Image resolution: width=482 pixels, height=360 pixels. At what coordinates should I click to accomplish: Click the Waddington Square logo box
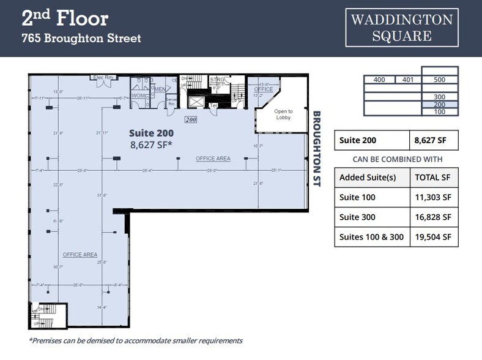402,28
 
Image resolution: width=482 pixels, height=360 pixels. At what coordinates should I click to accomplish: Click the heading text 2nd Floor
65,18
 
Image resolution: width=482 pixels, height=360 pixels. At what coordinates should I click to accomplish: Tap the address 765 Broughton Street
81,39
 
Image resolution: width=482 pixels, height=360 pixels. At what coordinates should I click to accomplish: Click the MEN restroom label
160,89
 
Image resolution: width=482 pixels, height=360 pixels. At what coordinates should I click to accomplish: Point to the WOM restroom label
138,95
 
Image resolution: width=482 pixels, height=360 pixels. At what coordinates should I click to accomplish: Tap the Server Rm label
171,102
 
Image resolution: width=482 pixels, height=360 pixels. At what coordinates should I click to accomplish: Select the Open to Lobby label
283,114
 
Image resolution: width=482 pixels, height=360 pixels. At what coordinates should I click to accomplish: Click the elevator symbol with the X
196,100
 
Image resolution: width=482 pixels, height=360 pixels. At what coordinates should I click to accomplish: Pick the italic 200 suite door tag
191,120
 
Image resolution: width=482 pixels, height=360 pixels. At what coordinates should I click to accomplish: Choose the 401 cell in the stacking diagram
408,80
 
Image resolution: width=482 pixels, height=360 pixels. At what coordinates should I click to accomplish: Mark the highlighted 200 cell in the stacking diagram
439,105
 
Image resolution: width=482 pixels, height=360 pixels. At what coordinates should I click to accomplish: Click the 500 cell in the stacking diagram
439,80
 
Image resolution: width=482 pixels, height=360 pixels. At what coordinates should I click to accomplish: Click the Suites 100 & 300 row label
371,237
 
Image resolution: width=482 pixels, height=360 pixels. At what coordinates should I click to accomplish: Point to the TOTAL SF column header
433,178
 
